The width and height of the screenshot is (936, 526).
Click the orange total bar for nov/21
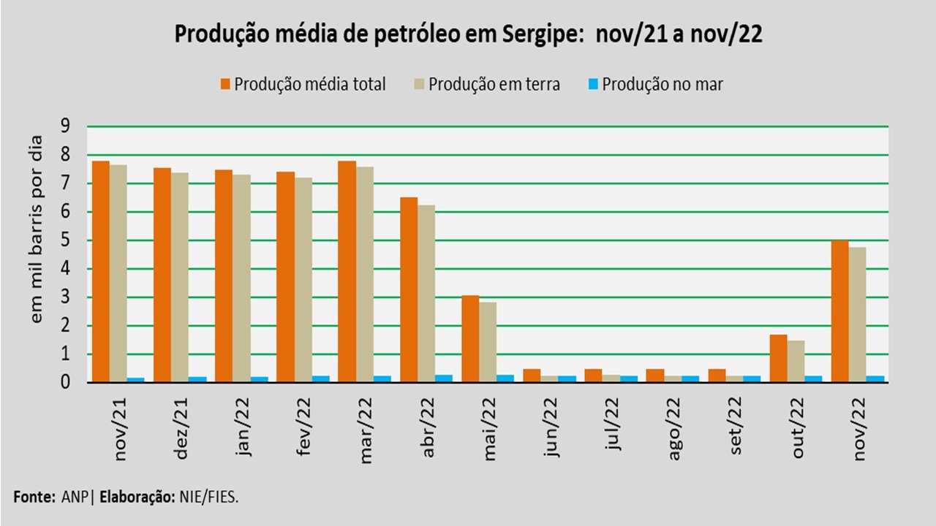[x=101, y=271]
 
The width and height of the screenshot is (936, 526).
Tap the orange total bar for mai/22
[x=470, y=338]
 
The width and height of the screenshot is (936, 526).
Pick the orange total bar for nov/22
[x=839, y=311]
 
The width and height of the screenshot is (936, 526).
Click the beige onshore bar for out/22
[x=796, y=361]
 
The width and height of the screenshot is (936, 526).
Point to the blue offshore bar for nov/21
[x=136, y=380]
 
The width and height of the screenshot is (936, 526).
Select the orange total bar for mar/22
[x=347, y=271]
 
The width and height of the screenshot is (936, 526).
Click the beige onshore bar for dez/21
[x=180, y=278]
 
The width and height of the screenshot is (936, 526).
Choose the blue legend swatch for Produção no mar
[x=594, y=84]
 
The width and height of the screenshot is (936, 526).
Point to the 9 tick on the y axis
[x=65, y=126]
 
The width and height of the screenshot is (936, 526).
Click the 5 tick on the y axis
[x=65, y=240]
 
